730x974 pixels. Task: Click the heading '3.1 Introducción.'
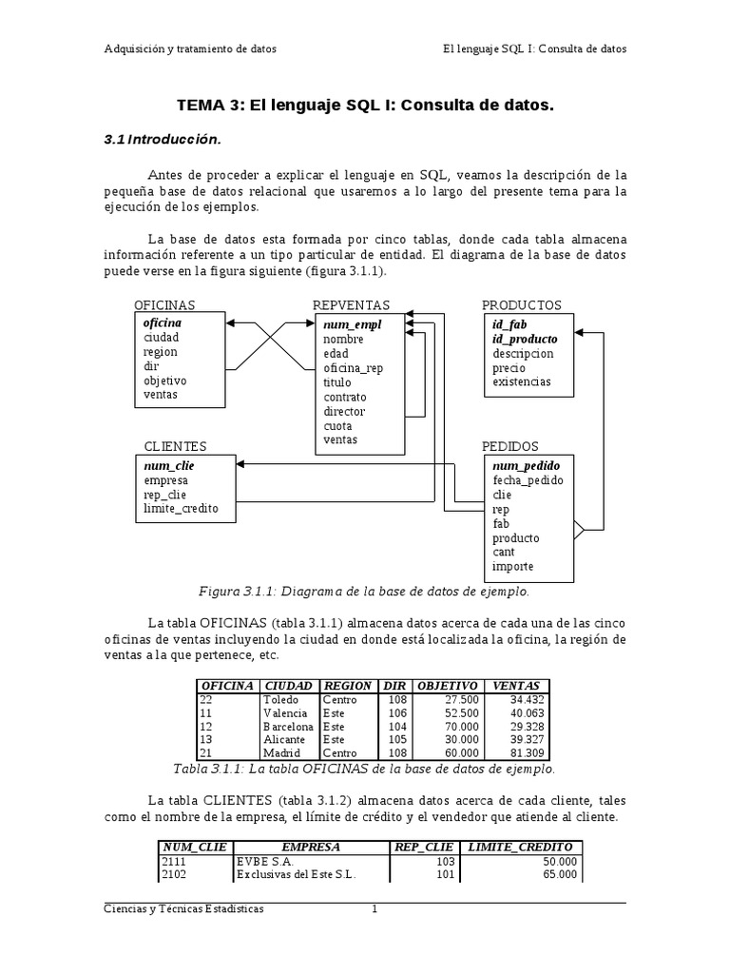pos(162,140)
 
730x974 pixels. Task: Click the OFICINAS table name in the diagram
pos(164,305)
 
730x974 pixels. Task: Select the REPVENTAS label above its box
pos(351,305)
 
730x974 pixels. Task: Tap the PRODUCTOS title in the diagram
pos(521,305)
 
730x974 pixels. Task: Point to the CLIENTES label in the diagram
pos(175,446)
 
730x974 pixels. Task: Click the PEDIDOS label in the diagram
pos(509,446)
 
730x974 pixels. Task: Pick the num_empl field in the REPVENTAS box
pos(352,324)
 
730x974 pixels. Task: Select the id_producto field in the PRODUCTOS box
pos(525,339)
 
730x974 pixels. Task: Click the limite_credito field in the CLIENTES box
pos(181,509)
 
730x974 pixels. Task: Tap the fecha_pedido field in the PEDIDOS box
pos(528,480)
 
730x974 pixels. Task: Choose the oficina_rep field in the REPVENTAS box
pos(353,367)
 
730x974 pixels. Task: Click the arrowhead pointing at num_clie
pos(240,464)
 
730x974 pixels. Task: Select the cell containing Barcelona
pos(288,726)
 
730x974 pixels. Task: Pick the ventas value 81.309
pos(528,752)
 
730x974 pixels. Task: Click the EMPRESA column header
pos(311,847)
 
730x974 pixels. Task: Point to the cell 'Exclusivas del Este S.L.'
pos(295,874)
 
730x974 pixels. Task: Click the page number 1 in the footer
pos(375,909)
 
